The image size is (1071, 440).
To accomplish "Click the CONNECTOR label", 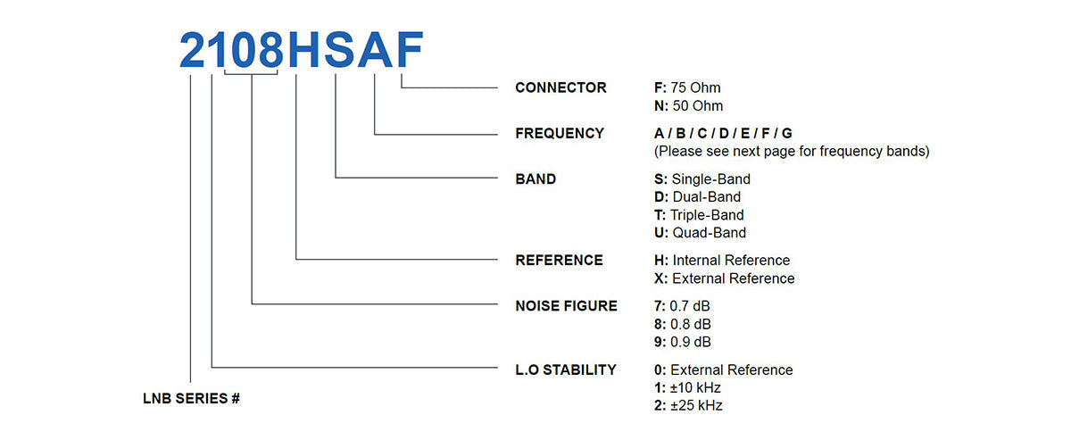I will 560,87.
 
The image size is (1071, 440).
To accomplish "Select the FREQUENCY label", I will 560,133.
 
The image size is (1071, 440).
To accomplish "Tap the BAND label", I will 535,178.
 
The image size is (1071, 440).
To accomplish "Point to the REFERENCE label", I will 559,260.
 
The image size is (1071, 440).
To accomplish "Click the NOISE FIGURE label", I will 566,305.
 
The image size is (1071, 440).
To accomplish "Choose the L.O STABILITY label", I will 566,369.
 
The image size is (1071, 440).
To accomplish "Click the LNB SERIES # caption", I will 191,399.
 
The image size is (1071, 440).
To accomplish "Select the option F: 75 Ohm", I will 687,87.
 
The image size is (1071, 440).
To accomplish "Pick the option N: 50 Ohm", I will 688,106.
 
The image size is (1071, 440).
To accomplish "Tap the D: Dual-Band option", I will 697,196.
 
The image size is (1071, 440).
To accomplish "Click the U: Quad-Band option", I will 700,233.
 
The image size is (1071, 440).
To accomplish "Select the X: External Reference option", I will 724,278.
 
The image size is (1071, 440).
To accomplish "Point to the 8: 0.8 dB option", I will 683,324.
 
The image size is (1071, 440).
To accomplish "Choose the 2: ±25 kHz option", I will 688,406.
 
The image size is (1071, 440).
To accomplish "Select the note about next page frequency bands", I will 792,151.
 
